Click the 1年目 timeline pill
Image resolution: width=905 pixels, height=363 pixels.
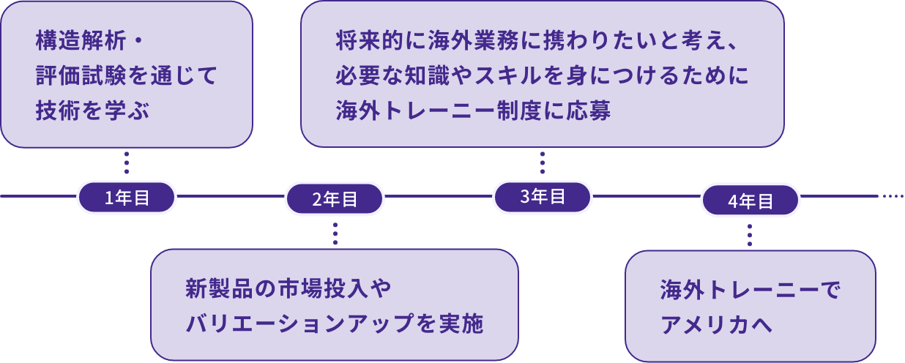(x=127, y=198)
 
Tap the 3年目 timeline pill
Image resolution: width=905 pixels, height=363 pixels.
(x=543, y=197)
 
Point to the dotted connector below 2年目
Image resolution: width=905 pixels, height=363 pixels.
(x=335, y=233)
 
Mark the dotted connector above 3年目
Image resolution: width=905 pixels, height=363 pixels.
(x=543, y=163)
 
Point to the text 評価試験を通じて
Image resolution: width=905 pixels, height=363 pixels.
(x=127, y=76)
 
